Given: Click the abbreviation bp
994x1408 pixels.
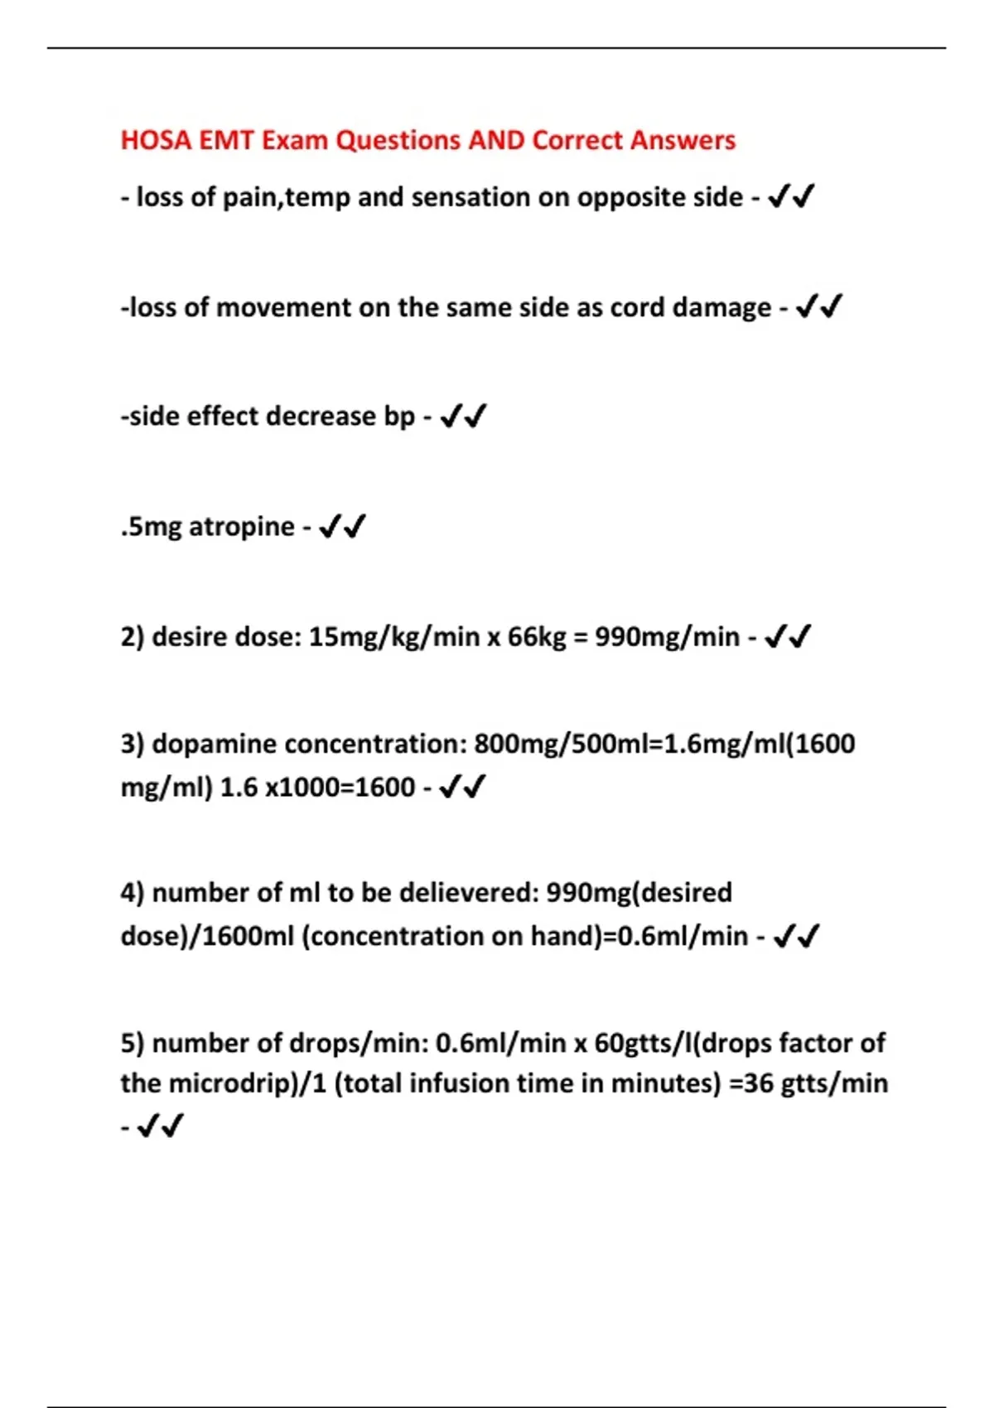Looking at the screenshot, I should (399, 416).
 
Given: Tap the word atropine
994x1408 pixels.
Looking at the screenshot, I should (242, 526).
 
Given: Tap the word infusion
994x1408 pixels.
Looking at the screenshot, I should (464, 1083).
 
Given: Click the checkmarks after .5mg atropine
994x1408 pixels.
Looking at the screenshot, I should (342, 526).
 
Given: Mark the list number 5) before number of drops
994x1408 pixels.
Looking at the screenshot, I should (133, 1043).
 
